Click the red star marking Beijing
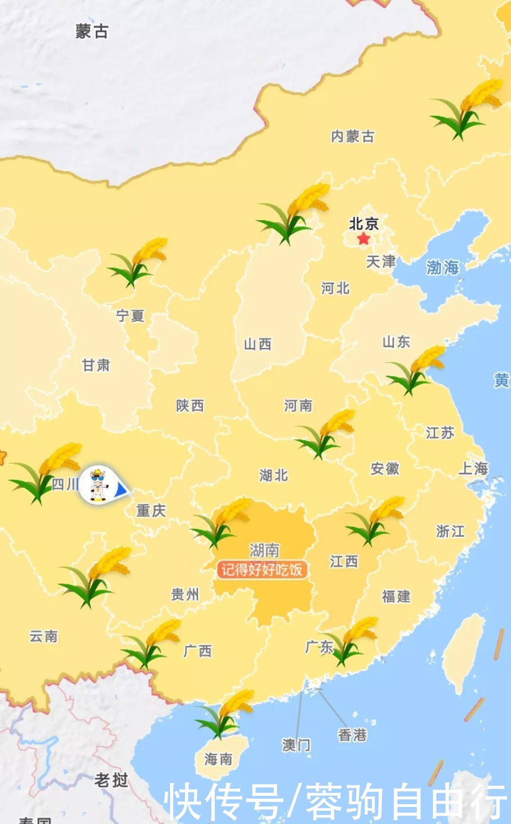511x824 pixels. (363, 238)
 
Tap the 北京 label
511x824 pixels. (364, 223)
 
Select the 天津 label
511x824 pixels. (381, 261)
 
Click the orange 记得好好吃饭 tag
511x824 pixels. (262, 570)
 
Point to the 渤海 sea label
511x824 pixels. (442, 267)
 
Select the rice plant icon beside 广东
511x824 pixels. (349, 641)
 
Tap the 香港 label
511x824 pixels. (352, 735)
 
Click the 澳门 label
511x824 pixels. (296, 745)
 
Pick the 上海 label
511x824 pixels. (474, 468)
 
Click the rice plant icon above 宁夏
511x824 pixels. (137, 262)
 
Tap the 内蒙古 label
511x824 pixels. (352, 136)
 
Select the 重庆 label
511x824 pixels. (151, 510)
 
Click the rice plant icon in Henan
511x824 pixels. (325, 433)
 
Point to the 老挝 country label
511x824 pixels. (111, 780)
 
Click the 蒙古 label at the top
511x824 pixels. (92, 31)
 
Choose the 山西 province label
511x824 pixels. (257, 344)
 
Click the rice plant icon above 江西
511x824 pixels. (375, 520)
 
